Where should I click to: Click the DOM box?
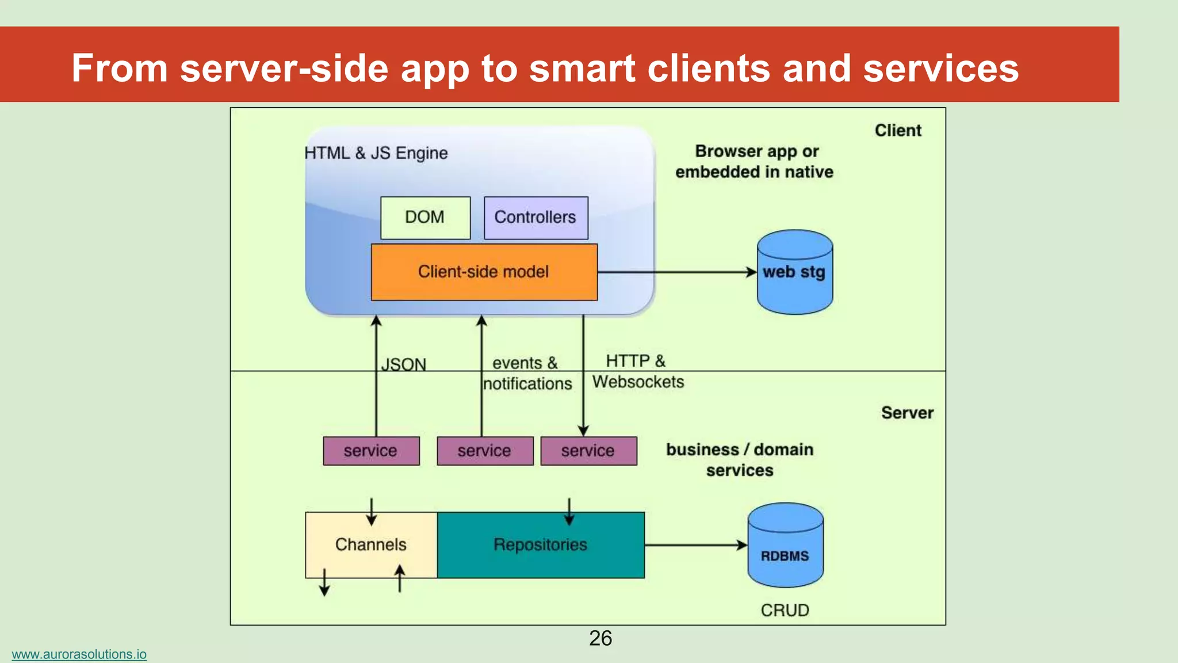425,218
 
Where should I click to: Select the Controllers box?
536,218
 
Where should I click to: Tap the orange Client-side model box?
484,272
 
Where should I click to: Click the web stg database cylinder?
794,272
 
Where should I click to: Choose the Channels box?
371,544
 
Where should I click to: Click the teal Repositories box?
540,544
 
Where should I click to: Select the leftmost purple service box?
371,451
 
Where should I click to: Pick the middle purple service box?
484,451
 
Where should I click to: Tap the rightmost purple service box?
588,451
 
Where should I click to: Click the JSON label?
404,364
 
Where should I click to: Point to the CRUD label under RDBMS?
785,610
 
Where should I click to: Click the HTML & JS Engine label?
376,153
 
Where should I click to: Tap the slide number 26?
600,638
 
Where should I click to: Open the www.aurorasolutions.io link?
79,654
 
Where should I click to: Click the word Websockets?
638,382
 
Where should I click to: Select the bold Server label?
907,413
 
